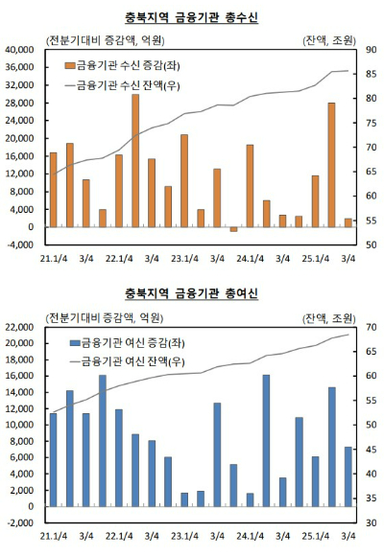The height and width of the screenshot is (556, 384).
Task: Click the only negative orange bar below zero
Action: (x=233, y=229)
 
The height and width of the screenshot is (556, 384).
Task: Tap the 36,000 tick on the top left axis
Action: (x=19, y=67)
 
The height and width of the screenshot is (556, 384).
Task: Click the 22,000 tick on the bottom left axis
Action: (x=19, y=327)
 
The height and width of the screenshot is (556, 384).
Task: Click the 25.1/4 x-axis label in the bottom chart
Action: (x=316, y=535)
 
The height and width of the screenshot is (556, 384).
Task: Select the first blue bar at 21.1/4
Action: (x=53, y=459)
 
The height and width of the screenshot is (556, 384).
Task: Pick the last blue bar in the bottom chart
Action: (x=348, y=476)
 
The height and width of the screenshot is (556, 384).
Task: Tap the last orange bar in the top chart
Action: (x=348, y=222)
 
